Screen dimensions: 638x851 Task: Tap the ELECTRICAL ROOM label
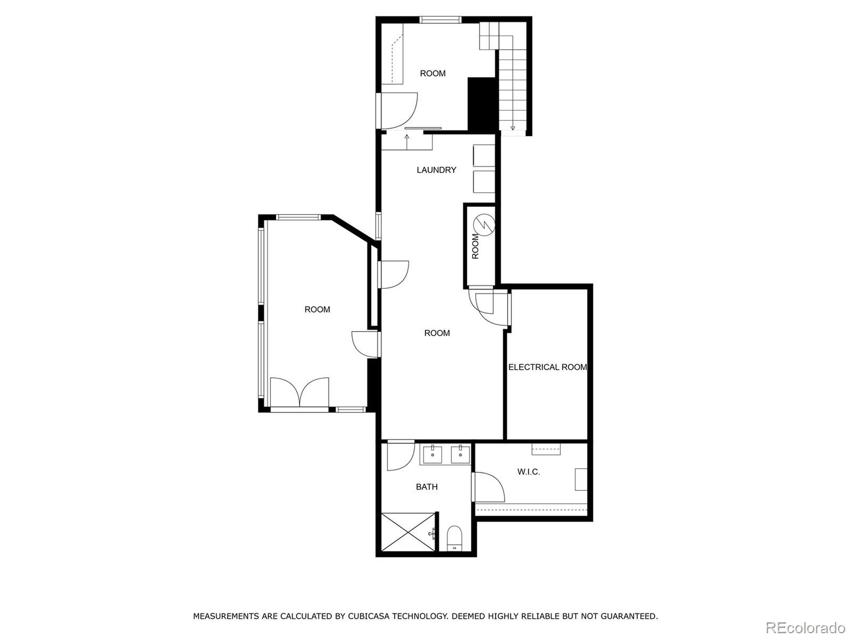(x=547, y=367)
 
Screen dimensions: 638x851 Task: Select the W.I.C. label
(x=528, y=472)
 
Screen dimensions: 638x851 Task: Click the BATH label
(x=426, y=487)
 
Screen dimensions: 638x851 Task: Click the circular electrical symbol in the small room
(x=484, y=225)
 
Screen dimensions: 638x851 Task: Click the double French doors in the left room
(x=300, y=392)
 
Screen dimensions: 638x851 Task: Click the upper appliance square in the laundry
(x=484, y=156)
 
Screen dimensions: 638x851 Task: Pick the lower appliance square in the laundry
(x=484, y=181)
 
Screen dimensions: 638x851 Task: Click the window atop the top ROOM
(x=440, y=20)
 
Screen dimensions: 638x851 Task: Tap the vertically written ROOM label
(x=475, y=246)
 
